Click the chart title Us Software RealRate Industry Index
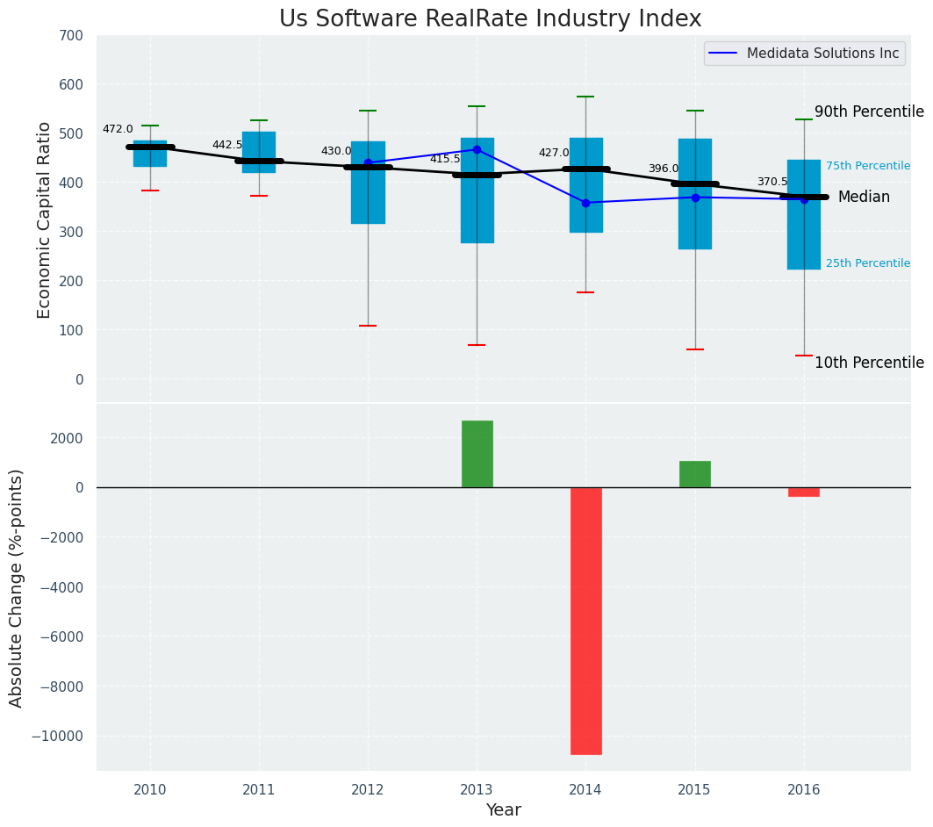(490, 19)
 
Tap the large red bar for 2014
(586, 620)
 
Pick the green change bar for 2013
(477, 454)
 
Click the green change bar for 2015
(695, 474)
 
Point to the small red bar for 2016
(804, 492)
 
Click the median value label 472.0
(118, 129)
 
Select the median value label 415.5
(445, 159)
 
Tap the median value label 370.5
(772, 182)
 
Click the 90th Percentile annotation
(869, 111)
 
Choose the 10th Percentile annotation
(869, 363)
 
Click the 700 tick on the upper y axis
(71, 36)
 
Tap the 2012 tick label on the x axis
(368, 789)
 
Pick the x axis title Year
(504, 810)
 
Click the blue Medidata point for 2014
(586, 203)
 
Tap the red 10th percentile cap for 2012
(368, 326)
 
